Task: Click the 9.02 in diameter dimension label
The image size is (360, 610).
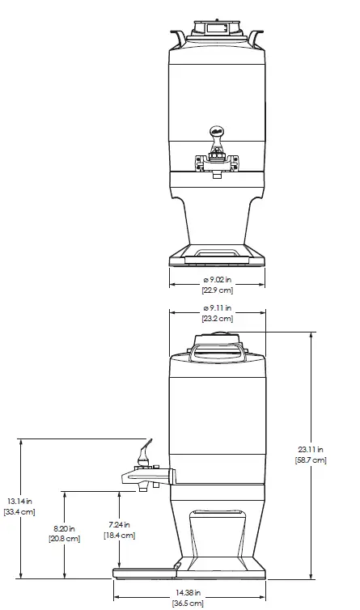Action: [217, 280]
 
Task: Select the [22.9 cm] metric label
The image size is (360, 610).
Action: [217, 290]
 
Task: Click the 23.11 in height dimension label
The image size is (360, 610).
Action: [311, 449]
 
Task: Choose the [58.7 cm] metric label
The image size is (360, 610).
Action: [311, 460]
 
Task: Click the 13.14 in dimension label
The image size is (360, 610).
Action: [19, 500]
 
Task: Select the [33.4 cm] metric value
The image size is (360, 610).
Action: [19, 511]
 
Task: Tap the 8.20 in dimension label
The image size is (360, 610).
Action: [65, 527]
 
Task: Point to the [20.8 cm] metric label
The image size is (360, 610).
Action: [65, 538]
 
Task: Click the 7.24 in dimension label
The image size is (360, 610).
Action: [119, 524]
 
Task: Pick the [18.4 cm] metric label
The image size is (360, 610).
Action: [119, 535]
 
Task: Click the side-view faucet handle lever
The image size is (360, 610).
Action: [145, 447]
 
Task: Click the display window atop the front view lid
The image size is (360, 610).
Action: [216, 29]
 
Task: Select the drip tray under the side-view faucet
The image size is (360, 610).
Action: [146, 571]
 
